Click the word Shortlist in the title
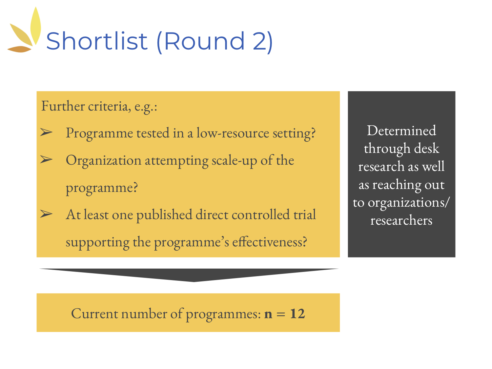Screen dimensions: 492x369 click(x=97, y=41)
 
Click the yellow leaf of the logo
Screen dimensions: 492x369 click(x=36, y=26)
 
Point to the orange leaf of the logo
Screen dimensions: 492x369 click(x=19, y=49)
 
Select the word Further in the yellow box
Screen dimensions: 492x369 click(x=63, y=106)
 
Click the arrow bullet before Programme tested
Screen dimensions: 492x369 click(x=46, y=132)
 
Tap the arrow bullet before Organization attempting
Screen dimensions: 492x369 click(x=46, y=159)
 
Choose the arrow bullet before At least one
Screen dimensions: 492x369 click(x=46, y=214)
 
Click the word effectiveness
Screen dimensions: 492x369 click(x=269, y=242)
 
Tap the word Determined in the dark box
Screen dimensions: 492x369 click(x=401, y=131)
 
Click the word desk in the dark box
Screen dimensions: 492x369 click(x=426, y=148)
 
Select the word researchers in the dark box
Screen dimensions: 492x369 click(x=401, y=220)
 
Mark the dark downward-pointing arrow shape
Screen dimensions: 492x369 click(x=189, y=275)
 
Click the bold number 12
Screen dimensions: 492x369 click(x=297, y=314)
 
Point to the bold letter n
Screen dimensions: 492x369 click(x=268, y=315)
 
